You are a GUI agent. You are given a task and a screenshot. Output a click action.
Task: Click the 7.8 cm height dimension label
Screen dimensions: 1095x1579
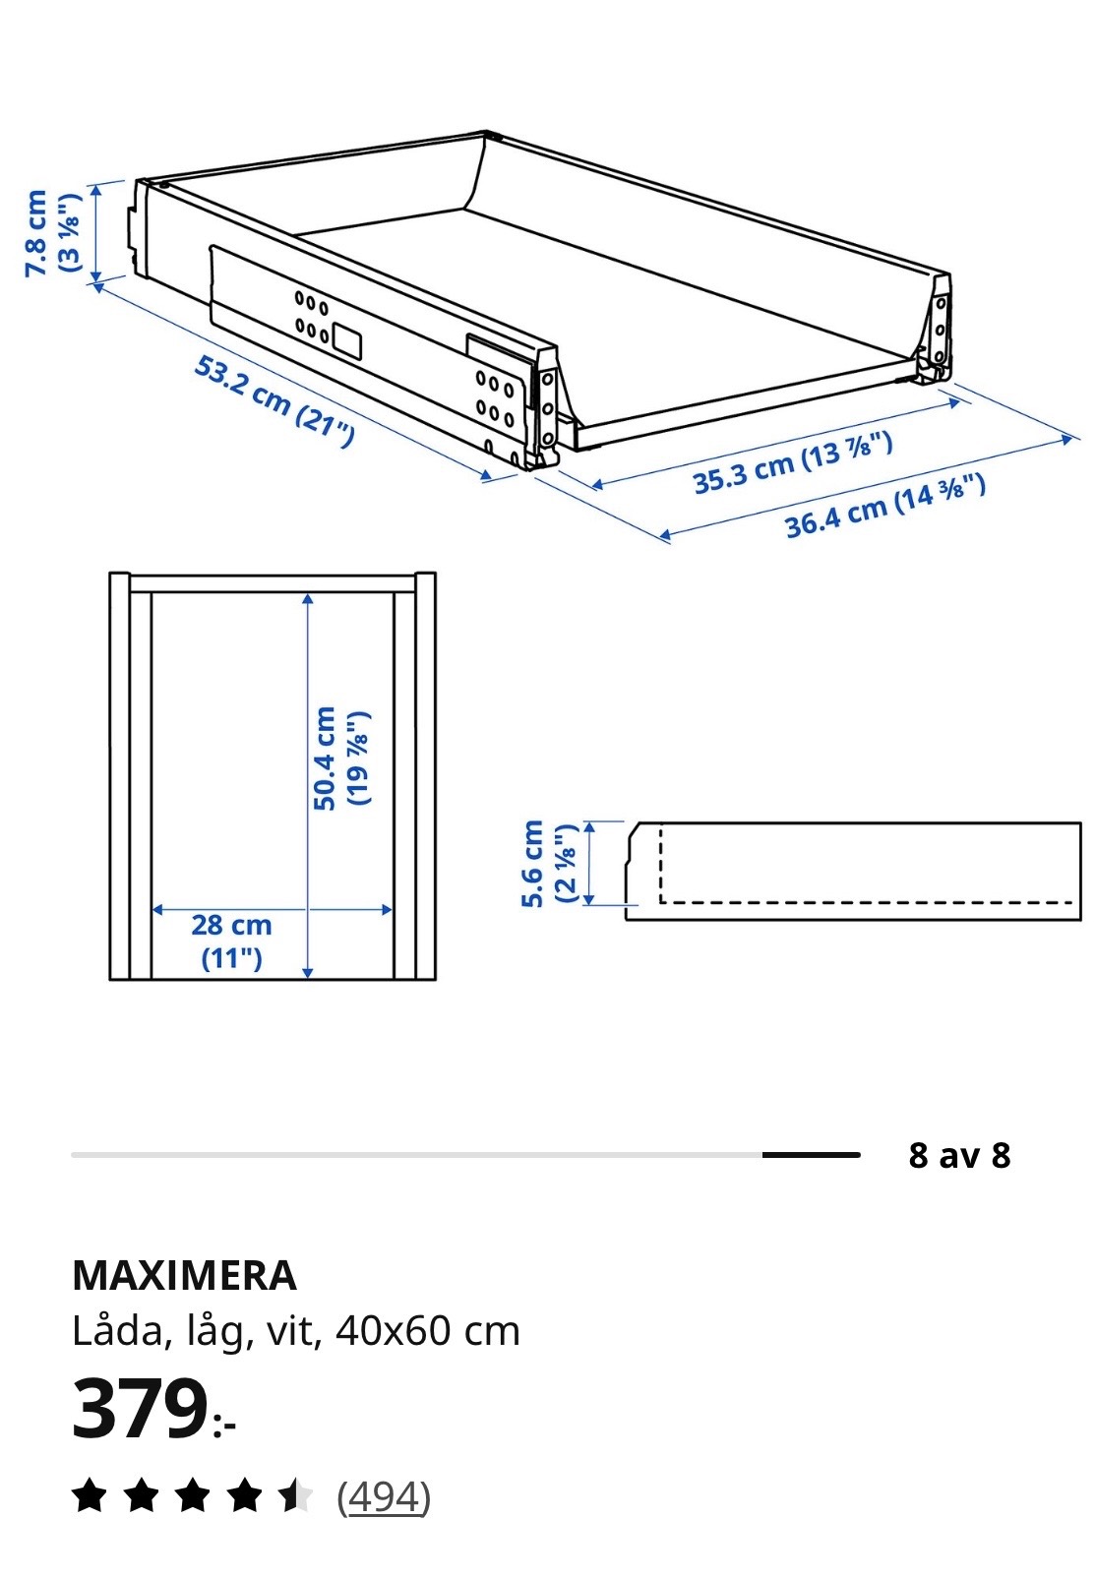tap(53, 233)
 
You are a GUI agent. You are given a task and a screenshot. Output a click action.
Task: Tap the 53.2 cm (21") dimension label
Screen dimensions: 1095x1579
tap(274, 401)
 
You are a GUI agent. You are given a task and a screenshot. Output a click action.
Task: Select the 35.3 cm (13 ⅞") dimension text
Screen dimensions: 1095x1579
tap(793, 463)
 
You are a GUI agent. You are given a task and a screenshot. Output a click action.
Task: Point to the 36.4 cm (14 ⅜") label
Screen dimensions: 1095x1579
tap(884, 506)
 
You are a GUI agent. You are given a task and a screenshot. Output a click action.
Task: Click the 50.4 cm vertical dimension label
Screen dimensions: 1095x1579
tap(341, 759)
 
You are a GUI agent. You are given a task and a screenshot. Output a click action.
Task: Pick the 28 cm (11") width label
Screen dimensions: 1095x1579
tap(231, 941)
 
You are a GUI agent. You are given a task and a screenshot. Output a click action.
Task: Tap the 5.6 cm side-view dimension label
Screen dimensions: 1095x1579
tap(549, 864)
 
